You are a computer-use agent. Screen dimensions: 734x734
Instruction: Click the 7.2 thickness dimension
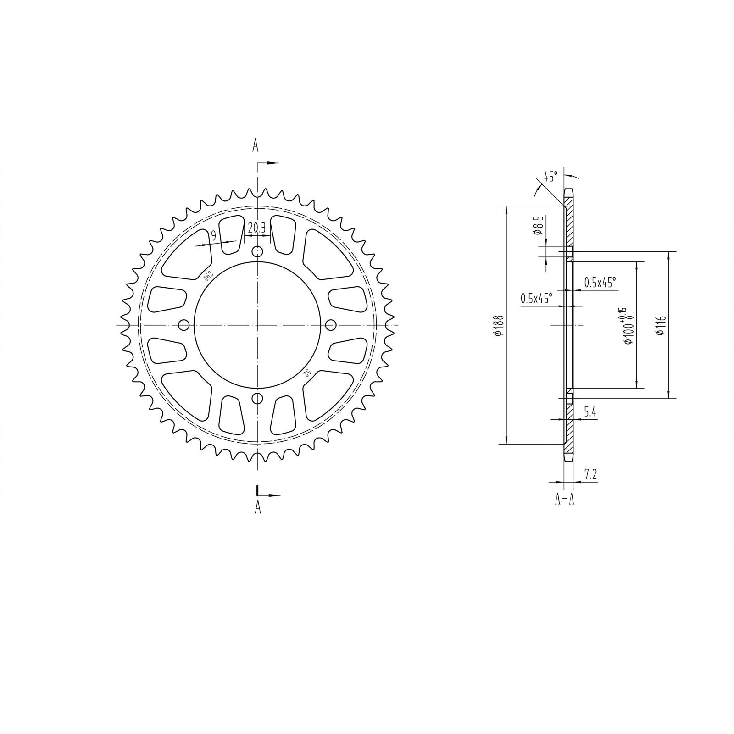pyautogui.click(x=591, y=474)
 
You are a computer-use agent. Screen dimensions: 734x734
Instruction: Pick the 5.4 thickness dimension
pyautogui.click(x=590, y=412)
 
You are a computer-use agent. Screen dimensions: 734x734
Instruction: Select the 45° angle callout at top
pyautogui.click(x=550, y=176)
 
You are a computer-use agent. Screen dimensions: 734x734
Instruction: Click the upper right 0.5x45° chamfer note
pyautogui.click(x=600, y=283)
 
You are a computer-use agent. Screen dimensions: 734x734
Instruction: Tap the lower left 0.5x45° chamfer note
pyautogui.click(x=536, y=299)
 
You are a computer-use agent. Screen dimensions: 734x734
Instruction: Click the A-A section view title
pyautogui.click(x=564, y=499)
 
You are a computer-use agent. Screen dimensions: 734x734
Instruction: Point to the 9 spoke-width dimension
pyautogui.click(x=213, y=236)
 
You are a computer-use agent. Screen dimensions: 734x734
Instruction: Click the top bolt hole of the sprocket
pyautogui.click(x=258, y=251)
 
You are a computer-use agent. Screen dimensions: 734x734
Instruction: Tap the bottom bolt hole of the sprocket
pyautogui.click(x=258, y=398)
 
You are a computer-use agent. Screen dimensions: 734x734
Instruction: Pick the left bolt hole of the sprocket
pyautogui.click(x=184, y=325)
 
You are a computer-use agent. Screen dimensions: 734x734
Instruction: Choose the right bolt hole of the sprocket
pyautogui.click(x=331, y=325)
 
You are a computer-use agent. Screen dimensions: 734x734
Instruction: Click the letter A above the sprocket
pyautogui.click(x=256, y=146)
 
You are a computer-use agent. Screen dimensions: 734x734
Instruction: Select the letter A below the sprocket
pyautogui.click(x=258, y=507)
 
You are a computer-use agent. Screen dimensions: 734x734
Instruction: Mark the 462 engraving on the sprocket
pyautogui.click(x=208, y=275)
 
